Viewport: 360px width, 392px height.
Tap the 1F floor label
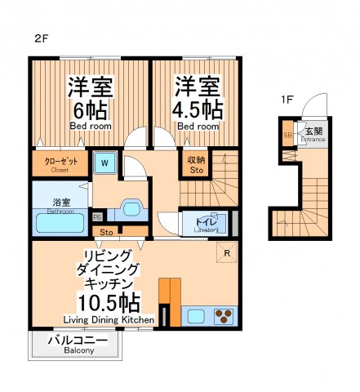[287, 100]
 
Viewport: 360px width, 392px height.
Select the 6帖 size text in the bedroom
[89, 109]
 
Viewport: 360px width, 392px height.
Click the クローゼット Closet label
[60, 164]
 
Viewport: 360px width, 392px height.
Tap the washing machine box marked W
[104, 163]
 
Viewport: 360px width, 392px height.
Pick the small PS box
[96, 217]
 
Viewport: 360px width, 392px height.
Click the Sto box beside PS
[108, 232]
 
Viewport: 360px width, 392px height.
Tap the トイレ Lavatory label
[205, 221]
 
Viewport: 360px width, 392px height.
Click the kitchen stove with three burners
[224, 314]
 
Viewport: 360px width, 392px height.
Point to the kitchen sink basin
[196, 314]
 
